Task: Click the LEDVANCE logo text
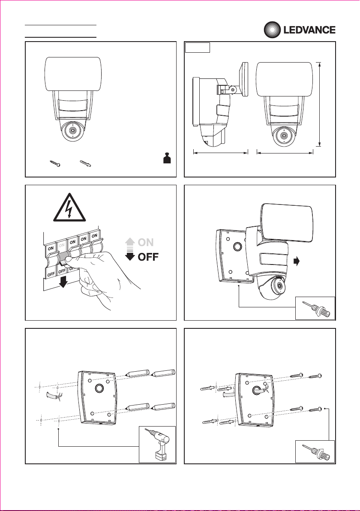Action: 308,30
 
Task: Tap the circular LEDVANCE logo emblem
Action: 271,30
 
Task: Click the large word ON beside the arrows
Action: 146,242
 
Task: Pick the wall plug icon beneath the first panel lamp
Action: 87,163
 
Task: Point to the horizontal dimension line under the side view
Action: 220,151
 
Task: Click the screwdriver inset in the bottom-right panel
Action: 315,452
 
